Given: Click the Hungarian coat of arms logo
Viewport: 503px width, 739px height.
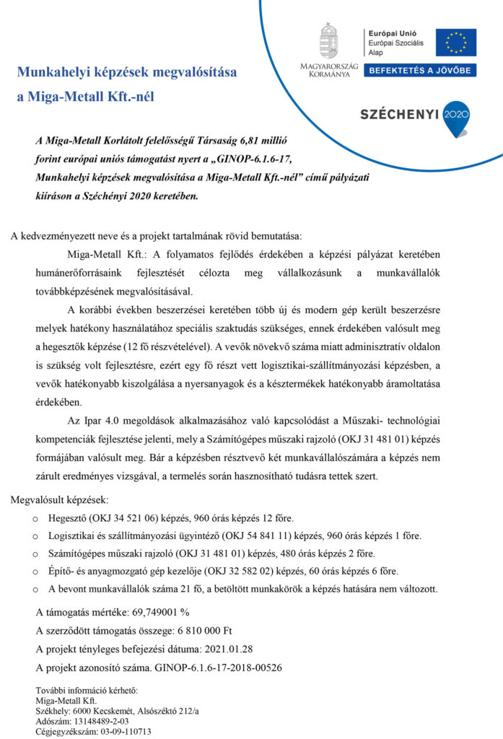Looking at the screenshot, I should tap(328, 41).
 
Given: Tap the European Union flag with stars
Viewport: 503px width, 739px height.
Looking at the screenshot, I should tap(455, 42).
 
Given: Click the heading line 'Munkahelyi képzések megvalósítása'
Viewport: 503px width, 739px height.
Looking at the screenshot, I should tap(126, 73).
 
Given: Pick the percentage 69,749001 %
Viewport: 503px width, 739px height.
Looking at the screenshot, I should tap(160, 612).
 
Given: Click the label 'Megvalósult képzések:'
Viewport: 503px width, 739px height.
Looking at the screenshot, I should tap(60, 499).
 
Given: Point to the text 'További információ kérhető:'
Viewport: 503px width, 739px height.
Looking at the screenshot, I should tap(86, 691).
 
